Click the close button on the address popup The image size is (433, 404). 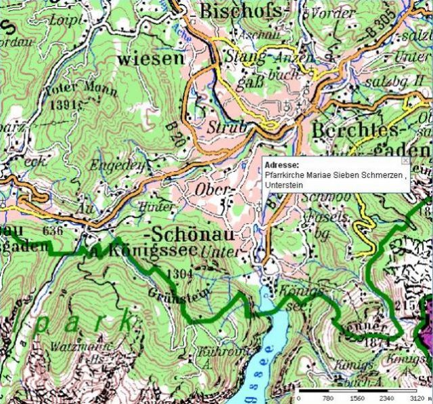[x=405, y=160]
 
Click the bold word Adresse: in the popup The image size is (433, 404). [x=281, y=165]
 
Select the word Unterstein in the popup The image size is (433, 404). [x=285, y=185]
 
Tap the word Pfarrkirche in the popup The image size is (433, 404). [x=284, y=175]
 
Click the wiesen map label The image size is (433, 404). [x=150, y=58]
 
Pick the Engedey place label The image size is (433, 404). [x=122, y=164]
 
